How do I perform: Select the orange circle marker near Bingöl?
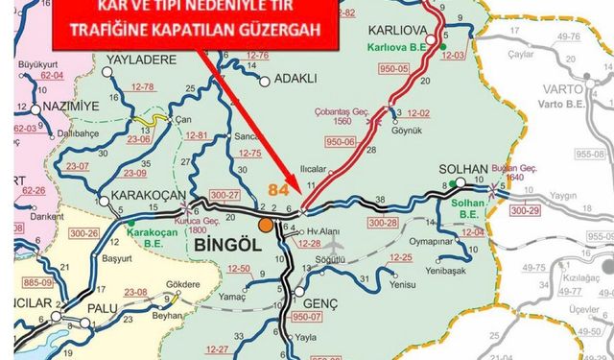pos(265,226)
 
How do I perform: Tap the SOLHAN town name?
pos(463,169)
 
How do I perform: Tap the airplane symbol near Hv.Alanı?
pos(333,244)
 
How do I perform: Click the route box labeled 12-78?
pos(143,88)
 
